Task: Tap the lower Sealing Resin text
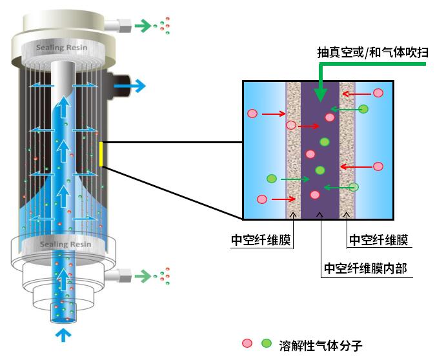tap(63, 245)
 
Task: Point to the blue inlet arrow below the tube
tap(63, 334)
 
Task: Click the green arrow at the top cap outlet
tap(141, 26)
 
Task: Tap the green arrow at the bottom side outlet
tap(141, 275)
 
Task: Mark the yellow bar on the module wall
tap(101, 154)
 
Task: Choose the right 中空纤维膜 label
tap(379, 240)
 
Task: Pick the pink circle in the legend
tap(247, 343)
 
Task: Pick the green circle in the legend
tap(265, 343)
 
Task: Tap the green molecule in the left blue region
tap(272, 178)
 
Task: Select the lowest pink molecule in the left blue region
tap(261, 199)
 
